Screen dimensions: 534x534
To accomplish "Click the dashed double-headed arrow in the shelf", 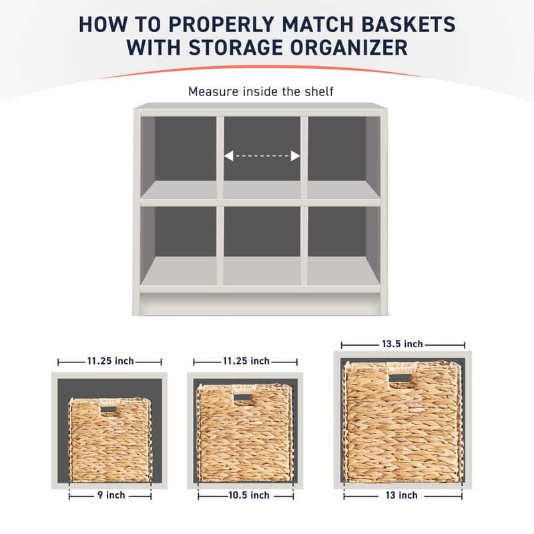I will click(x=262, y=156).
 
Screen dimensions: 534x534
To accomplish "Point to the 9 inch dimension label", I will click(x=109, y=495).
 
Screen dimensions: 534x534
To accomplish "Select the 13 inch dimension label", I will click(x=403, y=495).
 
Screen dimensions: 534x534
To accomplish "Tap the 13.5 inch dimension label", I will click(x=403, y=344).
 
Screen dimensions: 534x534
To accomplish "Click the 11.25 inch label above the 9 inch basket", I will click(x=109, y=361).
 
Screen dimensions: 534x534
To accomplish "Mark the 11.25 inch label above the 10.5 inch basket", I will click(x=245, y=361).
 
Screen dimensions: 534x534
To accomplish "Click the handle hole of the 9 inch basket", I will click(x=109, y=409).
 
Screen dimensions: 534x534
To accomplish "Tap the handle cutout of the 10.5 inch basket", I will click(x=243, y=398).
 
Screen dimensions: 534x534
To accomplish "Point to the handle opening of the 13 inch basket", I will click(x=400, y=378).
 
